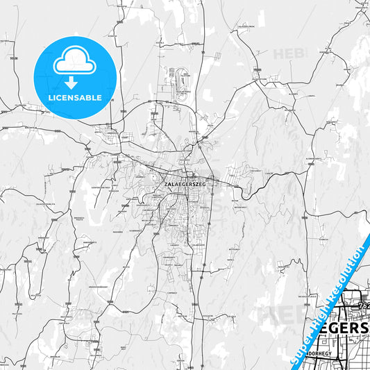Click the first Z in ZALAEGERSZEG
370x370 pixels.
[x=166, y=184]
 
